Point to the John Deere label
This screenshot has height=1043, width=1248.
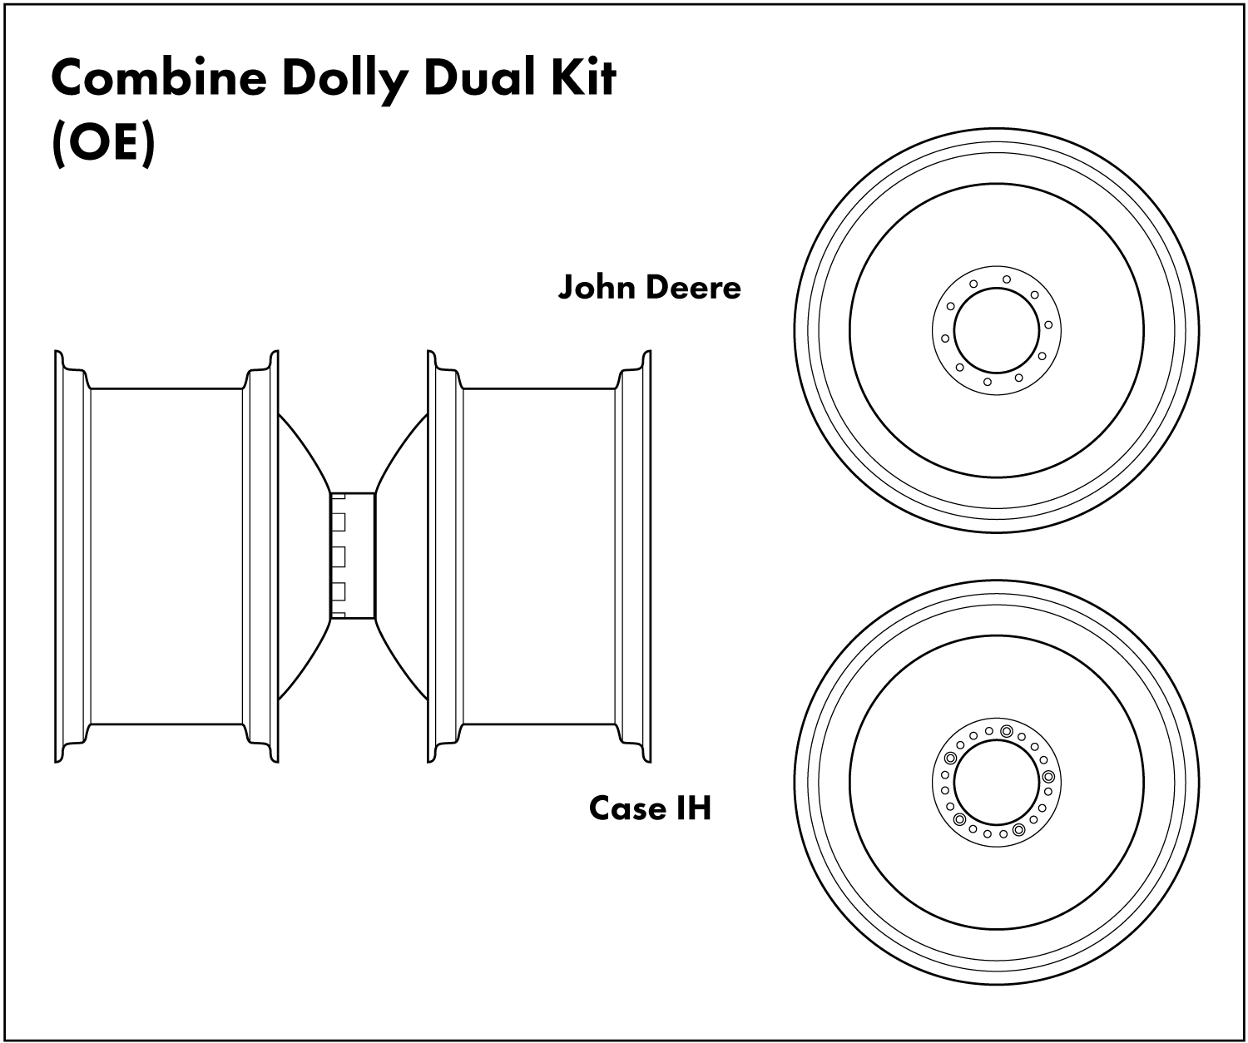pos(649,287)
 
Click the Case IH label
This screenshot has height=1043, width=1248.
pos(650,808)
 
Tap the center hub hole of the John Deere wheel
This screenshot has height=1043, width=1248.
pos(996,330)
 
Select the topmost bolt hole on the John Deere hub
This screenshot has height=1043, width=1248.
pos(1007,279)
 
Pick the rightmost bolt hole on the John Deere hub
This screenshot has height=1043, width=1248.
pos(1048,324)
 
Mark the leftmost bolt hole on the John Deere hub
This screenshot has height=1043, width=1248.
pos(944,338)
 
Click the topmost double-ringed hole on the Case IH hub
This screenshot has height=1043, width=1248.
pos(1006,731)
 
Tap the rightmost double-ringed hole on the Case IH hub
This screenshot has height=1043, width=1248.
pos(1047,776)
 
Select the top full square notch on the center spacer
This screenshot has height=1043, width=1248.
pos(339,521)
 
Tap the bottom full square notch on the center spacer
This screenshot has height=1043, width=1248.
pos(339,591)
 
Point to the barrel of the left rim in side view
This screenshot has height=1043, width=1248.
pos(166,556)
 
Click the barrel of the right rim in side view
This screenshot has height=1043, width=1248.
pos(538,556)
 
